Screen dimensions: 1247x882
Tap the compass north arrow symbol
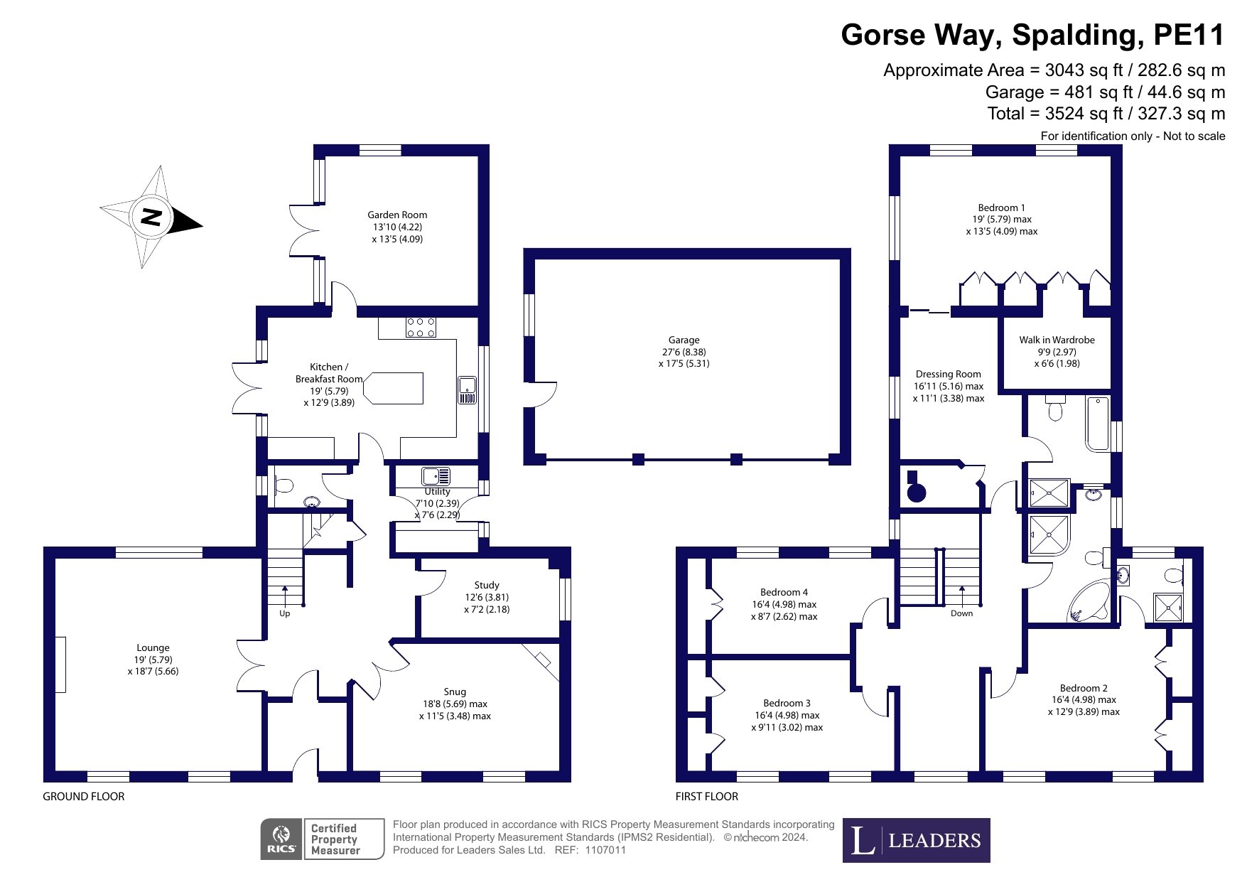[151, 217]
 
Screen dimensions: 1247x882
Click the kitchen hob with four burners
[421, 327]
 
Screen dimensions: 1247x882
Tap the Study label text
[487, 585]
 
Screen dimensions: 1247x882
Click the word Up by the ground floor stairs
[285, 613]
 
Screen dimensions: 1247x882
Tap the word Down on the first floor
[961, 613]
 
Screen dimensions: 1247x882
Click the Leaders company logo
[916, 841]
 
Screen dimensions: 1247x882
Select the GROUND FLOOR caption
[84, 796]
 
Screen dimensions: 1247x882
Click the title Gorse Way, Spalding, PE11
[1032, 35]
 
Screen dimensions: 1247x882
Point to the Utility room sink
[435, 475]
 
